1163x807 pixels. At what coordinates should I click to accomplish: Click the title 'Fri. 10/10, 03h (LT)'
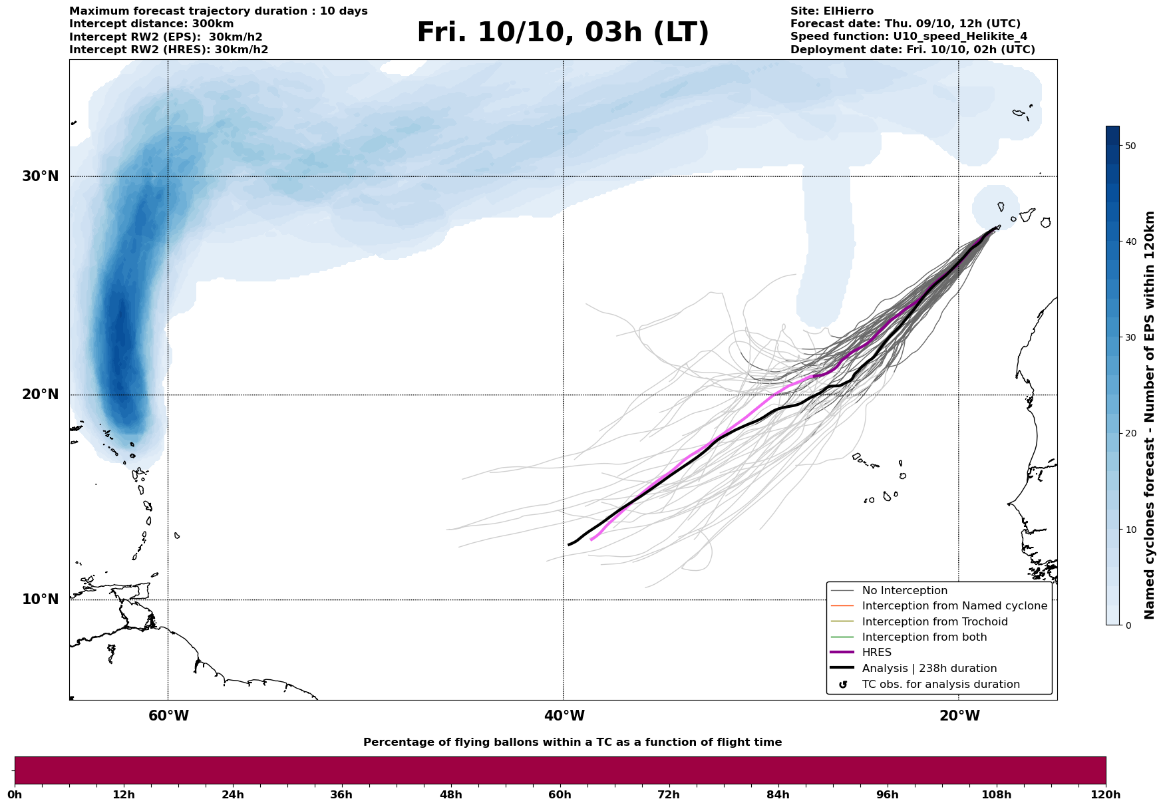[x=562, y=33]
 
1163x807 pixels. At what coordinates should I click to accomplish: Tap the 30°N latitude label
[x=41, y=176]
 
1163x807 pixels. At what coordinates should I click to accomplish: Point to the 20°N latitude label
[x=41, y=395]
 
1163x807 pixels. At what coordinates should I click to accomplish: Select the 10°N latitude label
[x=41, y=599]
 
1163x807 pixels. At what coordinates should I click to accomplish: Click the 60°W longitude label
[x=168, y=716]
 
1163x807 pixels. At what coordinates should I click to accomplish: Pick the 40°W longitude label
[x=564, y=716]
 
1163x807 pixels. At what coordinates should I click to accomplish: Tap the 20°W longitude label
[x=959, y=716]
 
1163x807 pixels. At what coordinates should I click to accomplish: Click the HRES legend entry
[x=876, y=653]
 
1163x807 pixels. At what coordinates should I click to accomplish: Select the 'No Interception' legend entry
[x=904, y=591]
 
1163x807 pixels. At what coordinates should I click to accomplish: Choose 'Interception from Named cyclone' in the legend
[x=954, y=606]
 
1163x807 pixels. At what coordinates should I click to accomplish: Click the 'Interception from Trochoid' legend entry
[x=934, y=622]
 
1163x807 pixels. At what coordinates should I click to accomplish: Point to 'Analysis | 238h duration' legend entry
[x=929, y=669]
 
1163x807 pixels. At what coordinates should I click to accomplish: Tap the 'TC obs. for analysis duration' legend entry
[x=940, y=685]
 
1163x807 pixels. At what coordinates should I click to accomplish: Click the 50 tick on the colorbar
[x=1130, y=146]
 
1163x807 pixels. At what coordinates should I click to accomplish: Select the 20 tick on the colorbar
[x=1130, y=433]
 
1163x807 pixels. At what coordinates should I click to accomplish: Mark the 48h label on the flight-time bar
[x=450, y=794]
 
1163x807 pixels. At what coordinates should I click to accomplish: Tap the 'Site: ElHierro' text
[x=832, y=11]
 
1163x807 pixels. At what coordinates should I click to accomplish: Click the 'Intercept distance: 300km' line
[x=151, y=24]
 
